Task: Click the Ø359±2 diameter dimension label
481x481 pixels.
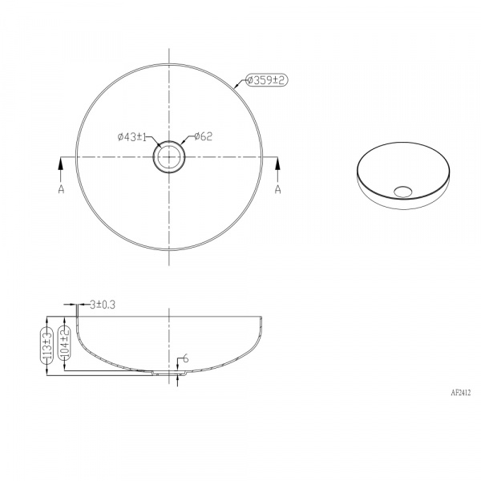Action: (267, 80)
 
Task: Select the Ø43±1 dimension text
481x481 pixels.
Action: (132, 137)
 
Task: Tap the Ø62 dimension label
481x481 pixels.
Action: (203, 136)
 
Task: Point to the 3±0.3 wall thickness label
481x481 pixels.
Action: (103, 305)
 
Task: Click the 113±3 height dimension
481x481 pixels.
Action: (47, 346)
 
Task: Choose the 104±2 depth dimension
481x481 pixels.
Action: (65, 342)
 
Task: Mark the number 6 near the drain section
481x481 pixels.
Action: (185, 358)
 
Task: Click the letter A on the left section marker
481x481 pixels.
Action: (62, 189)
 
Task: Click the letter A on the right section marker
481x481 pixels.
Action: (277, 189)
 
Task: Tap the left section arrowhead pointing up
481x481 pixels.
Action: (61, 164)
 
